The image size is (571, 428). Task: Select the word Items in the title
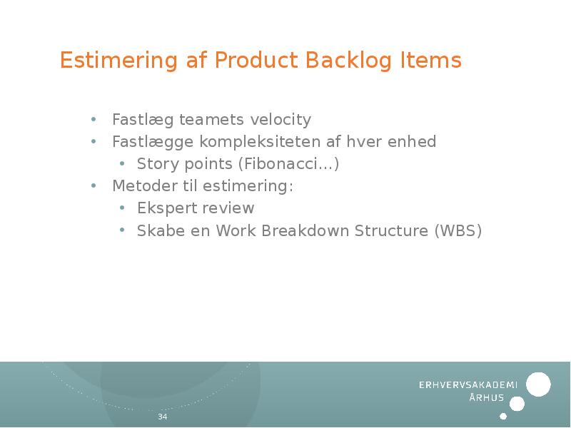(430, 61)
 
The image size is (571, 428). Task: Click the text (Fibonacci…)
(288, 164)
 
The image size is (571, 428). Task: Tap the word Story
(158, 164)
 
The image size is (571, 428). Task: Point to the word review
(228, 208)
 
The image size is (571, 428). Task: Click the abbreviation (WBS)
(458, 231)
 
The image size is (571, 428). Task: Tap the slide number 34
(162, 417)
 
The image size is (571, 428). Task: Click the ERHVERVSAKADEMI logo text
(468, 384)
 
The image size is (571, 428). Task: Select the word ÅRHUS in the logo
(487, 398)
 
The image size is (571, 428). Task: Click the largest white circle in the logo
(538, 384)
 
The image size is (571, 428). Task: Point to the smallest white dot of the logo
(503, 416)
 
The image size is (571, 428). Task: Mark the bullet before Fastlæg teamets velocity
(94, 119)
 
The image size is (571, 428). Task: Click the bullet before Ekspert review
(122, 208)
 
